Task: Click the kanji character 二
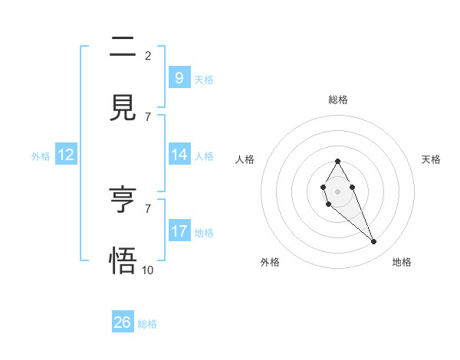click(x=122, y=47)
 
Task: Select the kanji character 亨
click(x=122, y=201)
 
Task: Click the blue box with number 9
click(x=179, y=77)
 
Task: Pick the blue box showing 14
click(x=179, y=154)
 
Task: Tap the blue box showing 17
click(x=179, y=231)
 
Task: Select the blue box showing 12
click(x=65, y=155)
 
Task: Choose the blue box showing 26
click(x=122, y=322)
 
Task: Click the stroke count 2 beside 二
click(x=148, y=55)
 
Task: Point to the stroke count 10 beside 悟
click(x=148, y=269)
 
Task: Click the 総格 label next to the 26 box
click(x=147, y=324)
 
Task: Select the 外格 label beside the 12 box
click(x=41, y=155)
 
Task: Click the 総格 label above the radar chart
click(x=337, y=100)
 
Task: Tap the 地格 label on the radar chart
click(x=402, y=262)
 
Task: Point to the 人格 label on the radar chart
click(x=245, y=159)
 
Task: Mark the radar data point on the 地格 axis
click(x=374, y=242)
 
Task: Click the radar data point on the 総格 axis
click(x=337, y=161)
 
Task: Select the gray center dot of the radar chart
click(x=337, y=190)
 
